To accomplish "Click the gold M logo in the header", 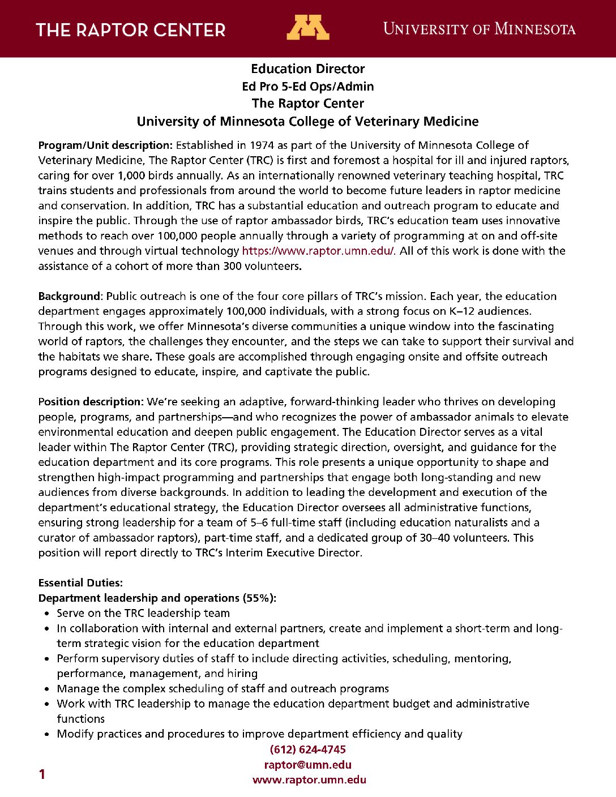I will pos(307,28).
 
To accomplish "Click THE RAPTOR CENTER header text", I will pos(131,30).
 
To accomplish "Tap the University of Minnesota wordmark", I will pos(479,29).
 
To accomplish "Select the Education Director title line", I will pos(308,69).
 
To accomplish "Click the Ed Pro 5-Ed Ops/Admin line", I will pos(308,87).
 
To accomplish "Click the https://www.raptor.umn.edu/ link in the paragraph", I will pos(319,251).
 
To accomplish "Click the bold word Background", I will pos(69,296).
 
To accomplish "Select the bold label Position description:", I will pos(91,402).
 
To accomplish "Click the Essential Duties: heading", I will pos(80,583).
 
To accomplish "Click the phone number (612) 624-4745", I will pos(308,750).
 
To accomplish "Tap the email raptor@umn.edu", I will pos(308,765).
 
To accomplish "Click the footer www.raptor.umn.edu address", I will pos(309,780).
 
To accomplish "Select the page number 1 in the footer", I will pos(42,774).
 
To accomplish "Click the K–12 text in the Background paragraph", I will pos(509,311).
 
